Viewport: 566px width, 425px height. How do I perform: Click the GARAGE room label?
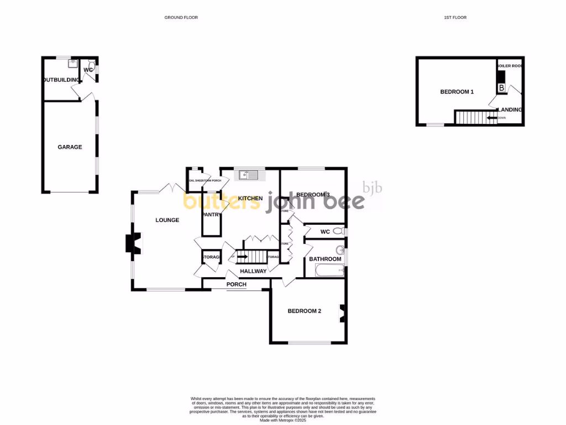point(70,147)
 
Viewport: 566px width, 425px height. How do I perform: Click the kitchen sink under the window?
point(248,175)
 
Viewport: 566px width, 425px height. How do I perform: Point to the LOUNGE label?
point(167,220)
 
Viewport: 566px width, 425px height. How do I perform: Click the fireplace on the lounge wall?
point(133,243)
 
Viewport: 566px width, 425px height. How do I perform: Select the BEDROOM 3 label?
point(313,195)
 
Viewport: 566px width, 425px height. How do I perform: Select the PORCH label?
point(236,284)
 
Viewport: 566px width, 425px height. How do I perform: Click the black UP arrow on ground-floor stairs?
point(242,257)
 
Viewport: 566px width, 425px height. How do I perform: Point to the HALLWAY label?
point(253,271)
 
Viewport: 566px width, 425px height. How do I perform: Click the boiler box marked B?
point(501,88)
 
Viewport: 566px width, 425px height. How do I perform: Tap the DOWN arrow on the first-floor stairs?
point(491,117)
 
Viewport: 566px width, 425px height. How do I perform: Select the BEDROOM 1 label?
point(457,92)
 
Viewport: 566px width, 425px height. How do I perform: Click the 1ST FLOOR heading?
point(455,18)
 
